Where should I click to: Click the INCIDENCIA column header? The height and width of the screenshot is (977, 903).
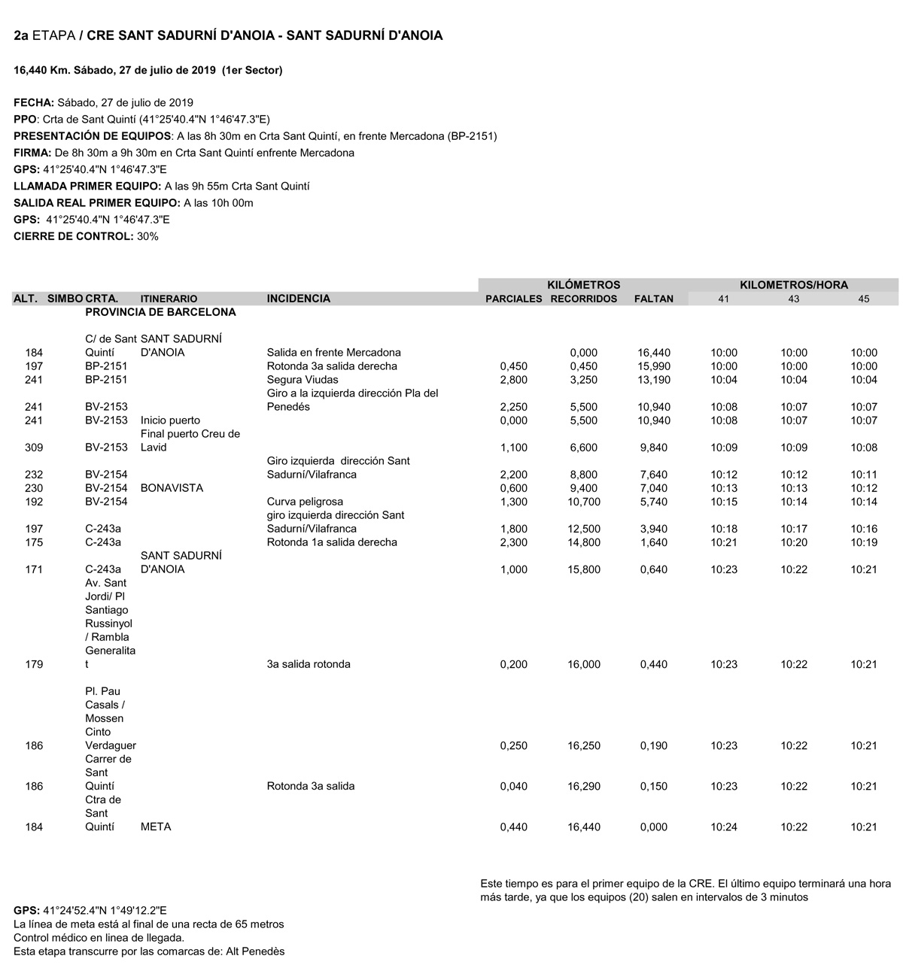(298, 299)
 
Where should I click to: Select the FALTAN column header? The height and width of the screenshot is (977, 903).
(653, 299)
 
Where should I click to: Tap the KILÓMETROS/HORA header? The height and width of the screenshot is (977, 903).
(793, 285)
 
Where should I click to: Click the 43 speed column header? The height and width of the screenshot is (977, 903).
(793, 299)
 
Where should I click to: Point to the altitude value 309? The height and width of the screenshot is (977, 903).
(34, 448)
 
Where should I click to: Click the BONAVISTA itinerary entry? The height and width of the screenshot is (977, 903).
(172, 488)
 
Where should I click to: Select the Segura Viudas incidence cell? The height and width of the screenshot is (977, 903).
(303, 380)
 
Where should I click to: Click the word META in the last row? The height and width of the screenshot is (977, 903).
(156, 827)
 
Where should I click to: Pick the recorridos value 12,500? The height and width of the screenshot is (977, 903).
(584, 529)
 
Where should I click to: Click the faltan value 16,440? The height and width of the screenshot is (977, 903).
(653, 353)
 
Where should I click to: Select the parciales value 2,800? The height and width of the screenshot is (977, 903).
(513, 380)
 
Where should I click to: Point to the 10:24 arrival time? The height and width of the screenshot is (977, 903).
(724, 827)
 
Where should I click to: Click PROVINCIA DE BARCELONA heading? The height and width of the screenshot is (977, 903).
(160, 312)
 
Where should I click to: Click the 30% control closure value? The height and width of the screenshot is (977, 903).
(147, 236)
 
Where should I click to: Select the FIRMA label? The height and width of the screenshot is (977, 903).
(32, 153)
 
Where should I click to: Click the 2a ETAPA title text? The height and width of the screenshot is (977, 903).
(44, 35)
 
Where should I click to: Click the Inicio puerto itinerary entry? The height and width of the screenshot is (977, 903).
(170, 420)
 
